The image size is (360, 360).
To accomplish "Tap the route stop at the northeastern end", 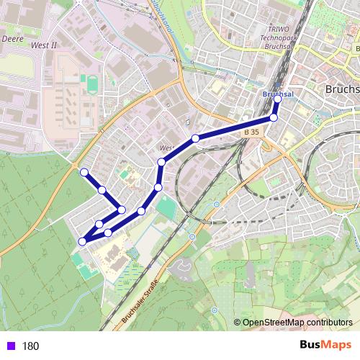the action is pos(278,99).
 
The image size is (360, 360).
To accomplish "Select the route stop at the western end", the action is pos(84,172).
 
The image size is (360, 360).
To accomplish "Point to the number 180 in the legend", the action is pos(30,346).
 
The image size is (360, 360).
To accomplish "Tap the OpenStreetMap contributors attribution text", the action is pos(297,323).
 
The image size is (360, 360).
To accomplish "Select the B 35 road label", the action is pos(251,133).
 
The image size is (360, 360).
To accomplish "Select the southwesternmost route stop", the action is pos(82,241).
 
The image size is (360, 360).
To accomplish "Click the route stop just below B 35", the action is pos(274,117).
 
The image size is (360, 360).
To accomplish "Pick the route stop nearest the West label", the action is pos(162,162).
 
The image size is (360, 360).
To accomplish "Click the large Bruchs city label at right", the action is pos(342,89).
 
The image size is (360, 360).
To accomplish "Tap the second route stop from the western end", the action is pos(102,190).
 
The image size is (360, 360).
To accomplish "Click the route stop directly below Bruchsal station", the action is pos(274,117).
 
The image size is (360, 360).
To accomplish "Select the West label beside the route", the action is pos(167,148).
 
